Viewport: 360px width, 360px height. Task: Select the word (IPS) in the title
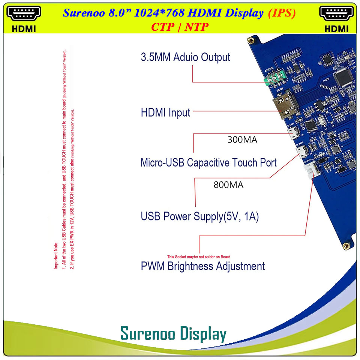point(282,13)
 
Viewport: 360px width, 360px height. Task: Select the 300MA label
point(242,140)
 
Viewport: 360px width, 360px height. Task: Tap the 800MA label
point(228,185)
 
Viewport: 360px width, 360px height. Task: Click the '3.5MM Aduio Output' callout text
point(185,57)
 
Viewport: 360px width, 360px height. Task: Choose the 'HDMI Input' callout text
point(165,112)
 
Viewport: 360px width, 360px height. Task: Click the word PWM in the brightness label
point(153,266)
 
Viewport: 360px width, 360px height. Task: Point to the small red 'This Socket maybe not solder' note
point(198,257)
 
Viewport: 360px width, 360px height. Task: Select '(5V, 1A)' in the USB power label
point(241,216)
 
